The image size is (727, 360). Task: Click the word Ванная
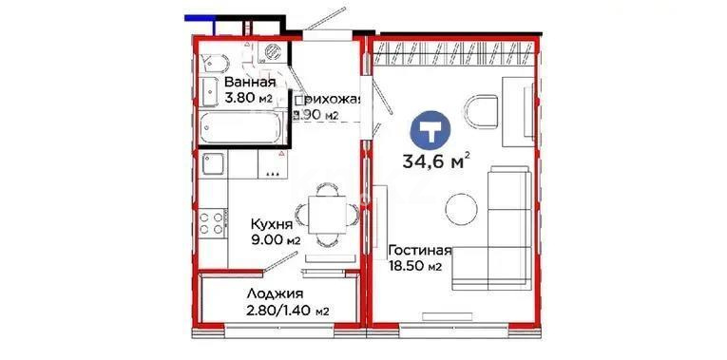[251, 81]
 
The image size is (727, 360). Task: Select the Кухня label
[272, 224]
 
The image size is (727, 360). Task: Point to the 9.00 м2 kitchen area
[275, 240]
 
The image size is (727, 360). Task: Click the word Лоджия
[272, 294]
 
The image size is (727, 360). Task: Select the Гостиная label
[419, 252]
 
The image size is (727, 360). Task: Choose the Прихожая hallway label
[329, 98]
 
